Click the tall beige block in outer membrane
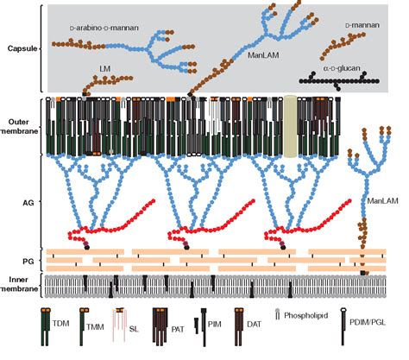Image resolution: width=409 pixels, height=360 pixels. pos(292,125)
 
